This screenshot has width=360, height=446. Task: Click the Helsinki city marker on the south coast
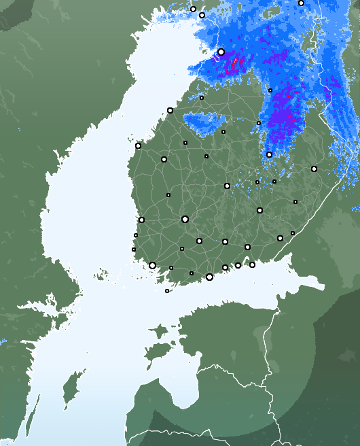point(209,277)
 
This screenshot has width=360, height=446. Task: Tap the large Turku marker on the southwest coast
point(152,266)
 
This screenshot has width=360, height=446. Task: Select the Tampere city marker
point(185,219)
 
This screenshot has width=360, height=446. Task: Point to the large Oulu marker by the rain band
point(221,52)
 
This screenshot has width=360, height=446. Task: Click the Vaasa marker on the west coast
point(138,145)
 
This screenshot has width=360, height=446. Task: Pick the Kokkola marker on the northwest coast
point(170,110)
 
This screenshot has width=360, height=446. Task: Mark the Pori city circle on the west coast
point(141,220)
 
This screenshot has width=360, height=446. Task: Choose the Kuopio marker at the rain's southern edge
point(269,154)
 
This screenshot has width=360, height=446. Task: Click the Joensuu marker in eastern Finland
point(314,169)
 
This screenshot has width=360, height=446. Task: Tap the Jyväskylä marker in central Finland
point(227,186)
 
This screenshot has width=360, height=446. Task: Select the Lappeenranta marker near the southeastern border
point(280,238)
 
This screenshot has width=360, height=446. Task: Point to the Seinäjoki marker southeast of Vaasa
point(164,159)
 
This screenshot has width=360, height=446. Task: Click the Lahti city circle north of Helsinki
point(225,241)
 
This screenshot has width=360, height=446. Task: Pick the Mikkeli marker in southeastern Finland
point(259,210)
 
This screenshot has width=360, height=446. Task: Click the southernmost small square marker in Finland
point(167,291)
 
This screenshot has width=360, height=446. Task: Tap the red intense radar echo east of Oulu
point(236,64)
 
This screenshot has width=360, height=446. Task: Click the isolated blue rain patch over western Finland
point(204,122)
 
